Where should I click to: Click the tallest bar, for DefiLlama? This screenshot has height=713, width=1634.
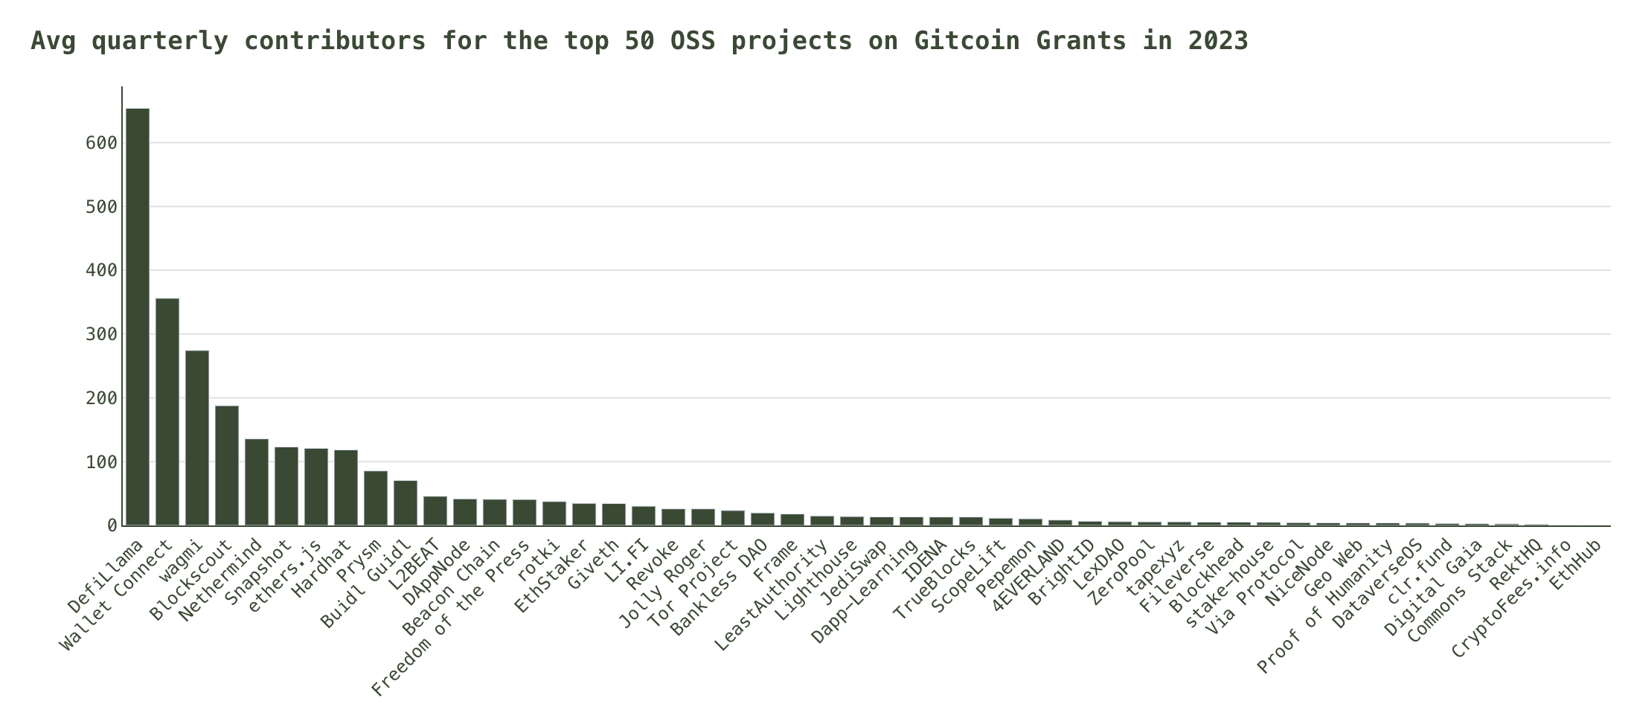tap(138, 317)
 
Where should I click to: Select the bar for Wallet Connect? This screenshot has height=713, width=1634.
tap(167, 412)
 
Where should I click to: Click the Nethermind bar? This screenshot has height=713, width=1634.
tap(257, 482)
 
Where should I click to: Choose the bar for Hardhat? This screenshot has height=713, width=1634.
tap(346, 487)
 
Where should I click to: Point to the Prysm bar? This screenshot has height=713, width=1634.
tap(376, 498)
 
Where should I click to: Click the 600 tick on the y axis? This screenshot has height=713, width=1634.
tap(102, 143)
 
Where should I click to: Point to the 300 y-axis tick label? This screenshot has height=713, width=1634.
tap(102, 334)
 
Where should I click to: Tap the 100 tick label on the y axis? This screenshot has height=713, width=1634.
tap(102, 462)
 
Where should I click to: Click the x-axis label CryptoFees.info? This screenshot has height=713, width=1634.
tap(1510, 600)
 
